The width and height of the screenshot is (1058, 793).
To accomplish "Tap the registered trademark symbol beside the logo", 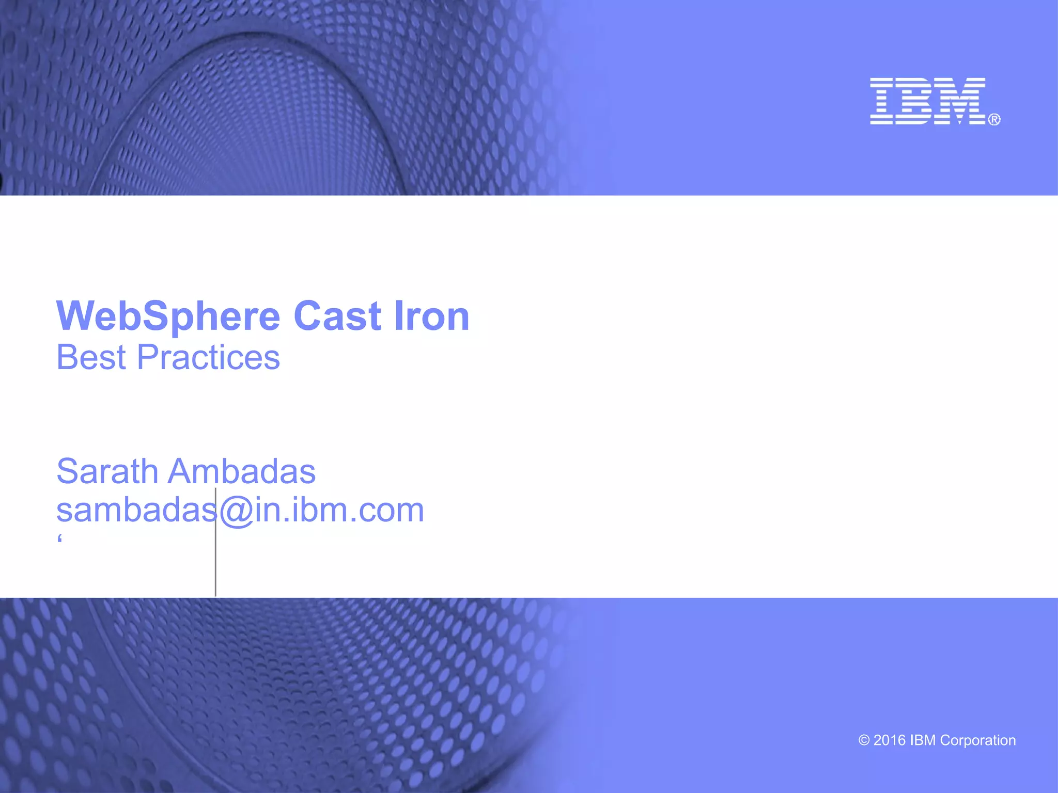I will click(x=994, y=120).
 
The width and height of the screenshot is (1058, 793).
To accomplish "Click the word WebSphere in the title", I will click(x=168, y=316).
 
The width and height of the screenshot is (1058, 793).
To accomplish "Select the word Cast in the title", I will click(x=337, y=316).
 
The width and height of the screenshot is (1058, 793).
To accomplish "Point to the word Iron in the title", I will click(x=431, y=316).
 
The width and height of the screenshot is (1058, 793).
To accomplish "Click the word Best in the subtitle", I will click(x=91, y=357).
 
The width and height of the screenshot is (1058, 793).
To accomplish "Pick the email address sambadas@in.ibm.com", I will click(x=240, y=510).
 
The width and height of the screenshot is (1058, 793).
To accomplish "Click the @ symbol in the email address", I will click(x=236, y=511).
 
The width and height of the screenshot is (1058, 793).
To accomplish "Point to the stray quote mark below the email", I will click(x=60, y=540).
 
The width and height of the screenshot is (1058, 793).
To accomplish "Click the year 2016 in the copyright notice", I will click(x=890, y=740).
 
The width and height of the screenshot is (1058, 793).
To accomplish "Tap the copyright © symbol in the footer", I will click(x=864, y=740).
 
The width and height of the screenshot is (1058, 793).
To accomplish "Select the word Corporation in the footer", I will click(x=978, y=740).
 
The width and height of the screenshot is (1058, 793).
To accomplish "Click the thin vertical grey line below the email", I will click(x=215, y=568).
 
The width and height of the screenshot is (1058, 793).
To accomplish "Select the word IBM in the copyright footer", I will click(x=923, y=740).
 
